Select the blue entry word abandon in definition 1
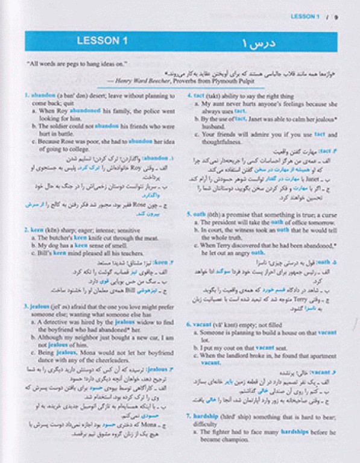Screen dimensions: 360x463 (43, 95)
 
